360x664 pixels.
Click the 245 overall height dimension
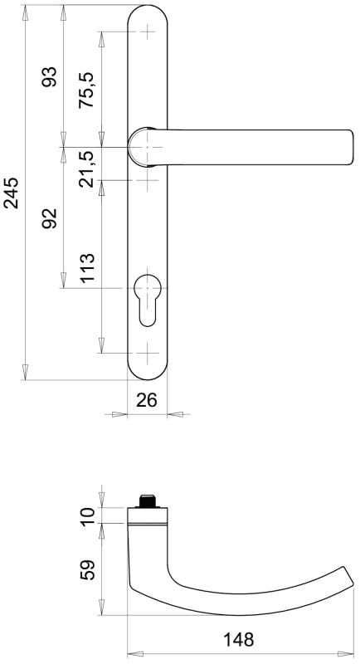click(x=12, y=193)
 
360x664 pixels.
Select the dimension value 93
click(x=50, y=76)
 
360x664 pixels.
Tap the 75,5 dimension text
click(x=88, y=90)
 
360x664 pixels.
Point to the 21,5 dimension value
click(x=88, y=168)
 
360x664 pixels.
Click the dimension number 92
click(x=50, y=218)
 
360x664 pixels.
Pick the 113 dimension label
click(x=88, y=268)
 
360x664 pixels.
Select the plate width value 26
click(x=147, y=399)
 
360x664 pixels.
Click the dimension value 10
click(x=89, y=516)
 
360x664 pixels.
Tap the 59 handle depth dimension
click(x=89, y=569)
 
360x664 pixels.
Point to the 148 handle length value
click(x=239, y=639)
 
